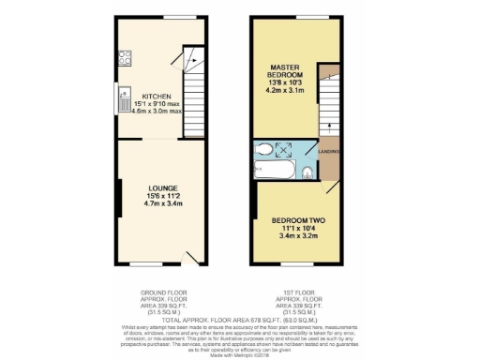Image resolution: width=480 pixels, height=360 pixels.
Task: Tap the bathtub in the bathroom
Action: pos(273,172)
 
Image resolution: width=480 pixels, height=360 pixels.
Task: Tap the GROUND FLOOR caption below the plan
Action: pos(157,292)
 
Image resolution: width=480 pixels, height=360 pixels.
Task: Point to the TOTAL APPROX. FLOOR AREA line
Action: pos(240,319)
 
